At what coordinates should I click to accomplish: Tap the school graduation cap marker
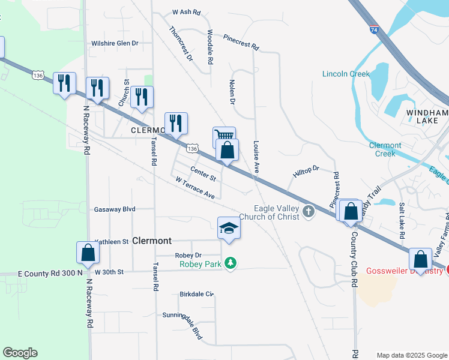(228, 228)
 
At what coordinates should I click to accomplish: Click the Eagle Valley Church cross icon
(309, 211)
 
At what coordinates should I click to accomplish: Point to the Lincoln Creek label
(345, 74)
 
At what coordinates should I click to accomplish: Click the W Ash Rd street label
(185, 11)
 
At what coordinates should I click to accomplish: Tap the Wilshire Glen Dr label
(115, 43)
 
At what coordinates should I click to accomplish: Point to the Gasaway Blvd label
(115, 209)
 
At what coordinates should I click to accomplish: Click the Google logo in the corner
(20, 353)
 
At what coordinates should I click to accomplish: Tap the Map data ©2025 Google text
(411, 355)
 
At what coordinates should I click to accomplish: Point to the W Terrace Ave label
(195, 188)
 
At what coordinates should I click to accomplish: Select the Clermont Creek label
(385, 149)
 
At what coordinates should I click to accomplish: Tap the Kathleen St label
(112, 241)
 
